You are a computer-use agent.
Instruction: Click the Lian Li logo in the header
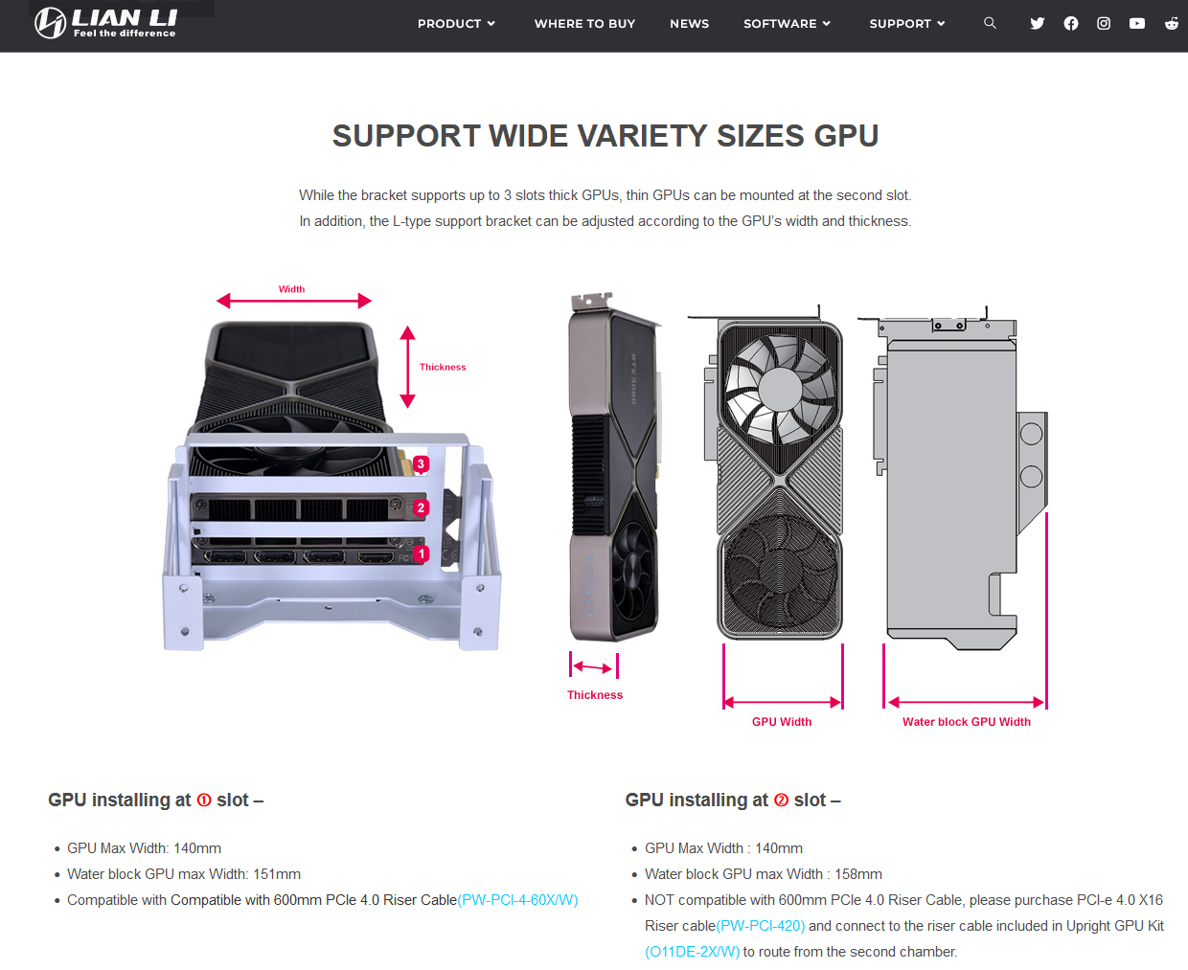click(x=106, y=23)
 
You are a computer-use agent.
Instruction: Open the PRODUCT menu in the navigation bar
click(x=456, y=24)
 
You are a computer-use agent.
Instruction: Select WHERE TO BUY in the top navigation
click(x=584, y=24)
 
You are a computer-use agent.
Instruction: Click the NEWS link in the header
click(x=689, y=24)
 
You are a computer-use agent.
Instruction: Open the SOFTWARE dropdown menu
click(x=787, y=24)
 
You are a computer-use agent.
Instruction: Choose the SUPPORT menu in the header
click(x=906, y=24)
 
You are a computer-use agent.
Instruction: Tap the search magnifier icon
click(x=990, y=23)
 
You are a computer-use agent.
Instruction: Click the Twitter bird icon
click(x=1037, y=23)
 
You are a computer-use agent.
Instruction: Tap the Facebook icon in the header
click(x=1071, y=23)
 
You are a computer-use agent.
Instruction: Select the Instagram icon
click(x=1104, y=23)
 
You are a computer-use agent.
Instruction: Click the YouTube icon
click(x=1136, y=23)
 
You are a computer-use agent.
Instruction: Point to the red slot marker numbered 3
click(x=421, y=463)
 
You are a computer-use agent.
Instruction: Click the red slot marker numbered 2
click(x=421, y=508)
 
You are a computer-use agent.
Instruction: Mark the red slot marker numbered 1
click(x=421, y=553)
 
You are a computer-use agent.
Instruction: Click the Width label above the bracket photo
click(x=291, y=289)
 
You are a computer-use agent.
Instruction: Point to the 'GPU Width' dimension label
click(x=781, y=722)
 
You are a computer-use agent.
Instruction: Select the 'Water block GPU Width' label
click(x=966, y=722)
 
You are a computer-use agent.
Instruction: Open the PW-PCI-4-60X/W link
click(x=517, y=900)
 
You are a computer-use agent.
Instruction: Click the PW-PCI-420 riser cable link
click(x=760, y=926)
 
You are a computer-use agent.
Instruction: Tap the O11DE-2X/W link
click(x=692, y=952)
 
